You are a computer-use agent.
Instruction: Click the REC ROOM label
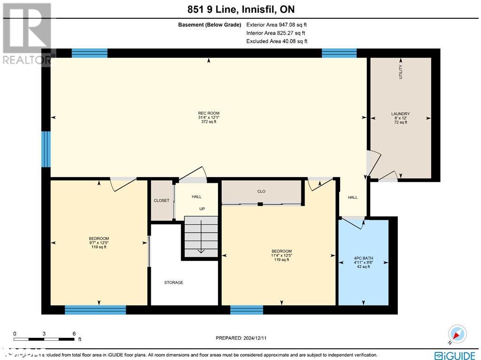(x=209, y=113)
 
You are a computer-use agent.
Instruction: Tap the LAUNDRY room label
(x=400, y=114)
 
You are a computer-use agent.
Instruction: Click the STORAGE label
(x=173, y=282)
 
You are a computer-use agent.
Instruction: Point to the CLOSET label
(x=161, y=201)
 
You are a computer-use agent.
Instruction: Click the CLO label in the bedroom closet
(x=261, y=192)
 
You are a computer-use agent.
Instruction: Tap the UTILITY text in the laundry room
(x=401, y=72)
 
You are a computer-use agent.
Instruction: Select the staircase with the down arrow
(x=201, y=237)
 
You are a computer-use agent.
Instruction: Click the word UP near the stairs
(x=202, y=209)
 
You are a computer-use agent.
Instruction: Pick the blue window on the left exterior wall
(x=46, y=149)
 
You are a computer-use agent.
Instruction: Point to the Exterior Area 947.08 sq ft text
(x=276, y=25)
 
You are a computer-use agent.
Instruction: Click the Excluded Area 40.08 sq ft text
(x=276, y=41)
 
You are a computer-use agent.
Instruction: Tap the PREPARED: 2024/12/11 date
(x=244, y=338)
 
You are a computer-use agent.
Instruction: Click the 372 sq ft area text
(x=209, y=122)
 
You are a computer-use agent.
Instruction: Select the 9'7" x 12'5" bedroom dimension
(x=99, y=243)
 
